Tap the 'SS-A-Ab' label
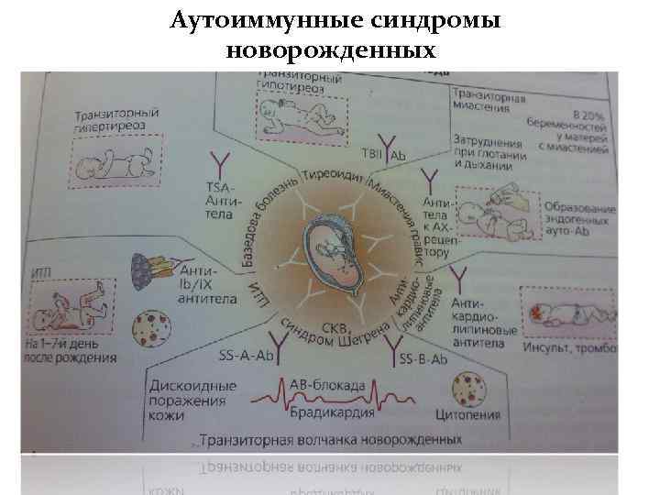pyautogui.click(x=247, y=356)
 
